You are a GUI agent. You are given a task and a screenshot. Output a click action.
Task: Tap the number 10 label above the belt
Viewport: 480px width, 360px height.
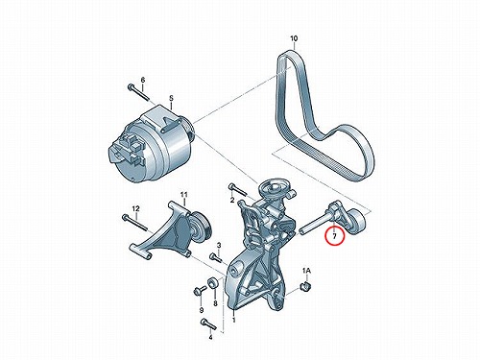[294, 38]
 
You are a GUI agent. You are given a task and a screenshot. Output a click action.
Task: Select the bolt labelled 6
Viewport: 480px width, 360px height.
[138, 92]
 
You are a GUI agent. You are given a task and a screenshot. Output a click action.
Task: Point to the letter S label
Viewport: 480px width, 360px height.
[171, 98]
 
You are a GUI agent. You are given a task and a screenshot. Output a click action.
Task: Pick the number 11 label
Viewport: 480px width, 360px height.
[183, 195]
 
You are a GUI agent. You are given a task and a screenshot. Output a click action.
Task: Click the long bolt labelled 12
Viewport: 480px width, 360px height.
[134, 223]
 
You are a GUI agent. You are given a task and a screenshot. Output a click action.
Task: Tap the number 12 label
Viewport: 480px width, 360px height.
[135, 209]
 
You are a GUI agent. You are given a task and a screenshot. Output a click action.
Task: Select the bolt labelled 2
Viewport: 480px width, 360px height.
[237, 190]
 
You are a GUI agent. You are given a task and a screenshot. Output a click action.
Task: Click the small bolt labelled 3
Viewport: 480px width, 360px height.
[216, 257]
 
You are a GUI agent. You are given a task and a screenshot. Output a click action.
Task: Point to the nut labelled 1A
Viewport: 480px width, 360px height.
[306, 286]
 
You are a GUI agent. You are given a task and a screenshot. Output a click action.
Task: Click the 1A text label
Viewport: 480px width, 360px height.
[306, 272]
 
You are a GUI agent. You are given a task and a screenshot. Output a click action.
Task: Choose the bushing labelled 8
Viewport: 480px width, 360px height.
[213, 283]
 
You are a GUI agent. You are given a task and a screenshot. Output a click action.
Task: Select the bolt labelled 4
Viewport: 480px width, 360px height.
[208, 324]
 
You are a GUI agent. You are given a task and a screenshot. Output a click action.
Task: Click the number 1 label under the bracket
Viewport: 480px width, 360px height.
[234, 320]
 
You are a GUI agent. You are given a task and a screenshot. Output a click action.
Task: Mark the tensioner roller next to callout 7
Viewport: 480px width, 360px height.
[357, 222]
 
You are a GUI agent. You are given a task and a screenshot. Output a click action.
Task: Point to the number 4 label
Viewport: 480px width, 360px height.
[210, 337]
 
